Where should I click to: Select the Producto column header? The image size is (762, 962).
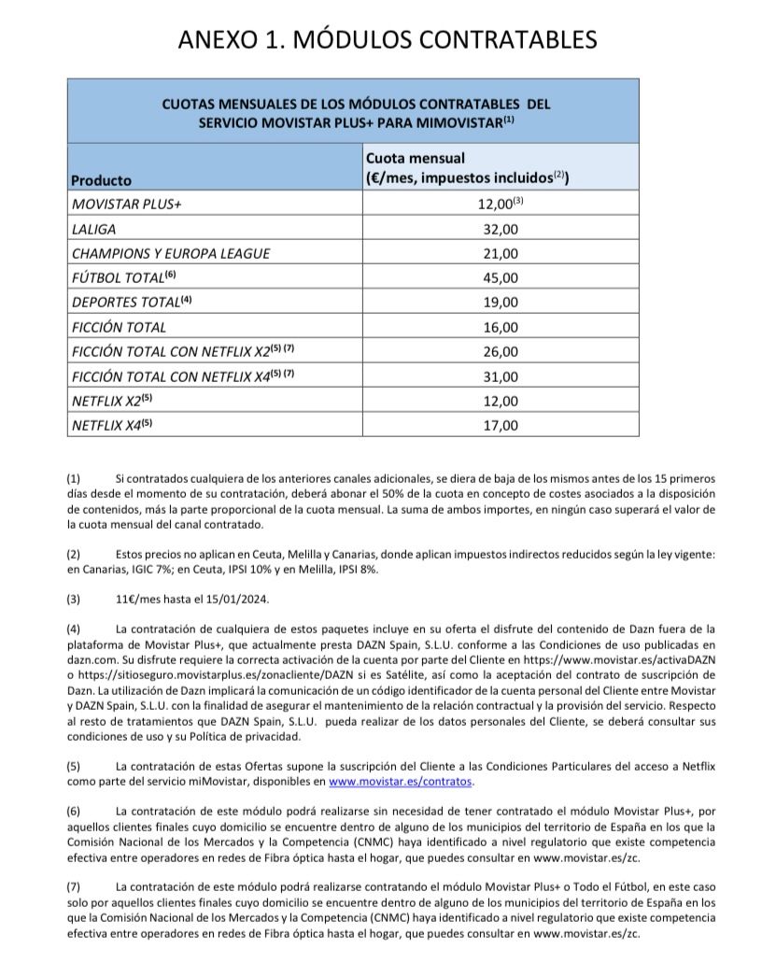point(102,180)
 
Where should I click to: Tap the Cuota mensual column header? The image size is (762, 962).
point(465,169)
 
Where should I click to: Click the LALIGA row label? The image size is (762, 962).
point(96,228)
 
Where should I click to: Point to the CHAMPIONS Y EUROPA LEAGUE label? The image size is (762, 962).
point(171,253)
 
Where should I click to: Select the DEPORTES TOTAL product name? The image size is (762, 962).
point(127,303)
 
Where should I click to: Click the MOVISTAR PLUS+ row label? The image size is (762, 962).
point(126,204)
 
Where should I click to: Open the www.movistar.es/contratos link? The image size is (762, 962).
point(402,781)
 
